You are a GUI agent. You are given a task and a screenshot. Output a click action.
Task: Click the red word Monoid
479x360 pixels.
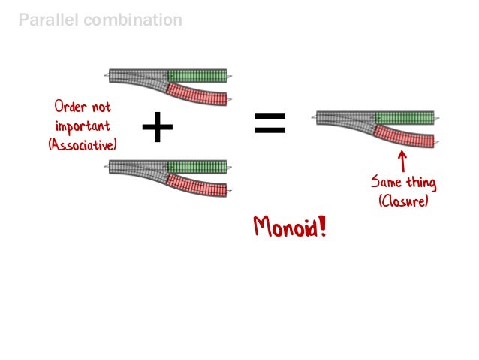[x=285, y=226]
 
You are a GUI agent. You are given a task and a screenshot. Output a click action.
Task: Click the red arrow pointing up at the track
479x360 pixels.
[x=402, y=160]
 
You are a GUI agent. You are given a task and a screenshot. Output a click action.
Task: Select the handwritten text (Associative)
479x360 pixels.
[x=82, y=143]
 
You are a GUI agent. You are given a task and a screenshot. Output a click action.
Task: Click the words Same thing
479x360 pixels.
[x=402, y=183]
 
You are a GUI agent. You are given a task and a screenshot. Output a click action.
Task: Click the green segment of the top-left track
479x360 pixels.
[x=197, y=75]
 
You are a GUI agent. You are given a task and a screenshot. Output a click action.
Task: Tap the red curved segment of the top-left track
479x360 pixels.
[x=197, y=95]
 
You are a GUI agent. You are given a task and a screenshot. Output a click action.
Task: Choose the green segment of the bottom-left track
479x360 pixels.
[x=197, y=166]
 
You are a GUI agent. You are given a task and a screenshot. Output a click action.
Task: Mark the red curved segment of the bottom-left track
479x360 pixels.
[x=197, y=186]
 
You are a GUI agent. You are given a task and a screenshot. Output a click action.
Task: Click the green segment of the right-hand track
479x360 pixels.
[x=404, y=117]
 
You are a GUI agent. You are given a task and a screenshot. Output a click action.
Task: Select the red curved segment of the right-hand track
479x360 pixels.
[x=404, y=137]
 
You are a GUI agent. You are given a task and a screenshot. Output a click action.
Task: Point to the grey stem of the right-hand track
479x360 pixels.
[x=342, y=117]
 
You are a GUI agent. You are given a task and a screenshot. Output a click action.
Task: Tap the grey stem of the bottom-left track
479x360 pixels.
[x=135, y=166]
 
